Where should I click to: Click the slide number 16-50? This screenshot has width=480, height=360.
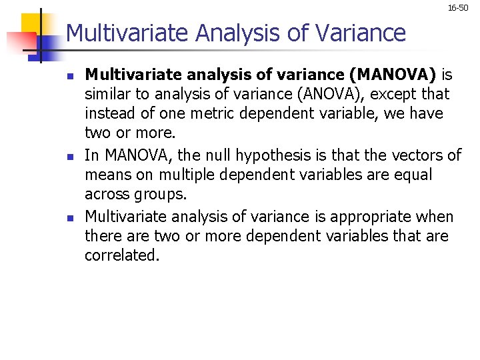click(x=458, y=8)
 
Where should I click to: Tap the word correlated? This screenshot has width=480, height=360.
click(x=122, y=255)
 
